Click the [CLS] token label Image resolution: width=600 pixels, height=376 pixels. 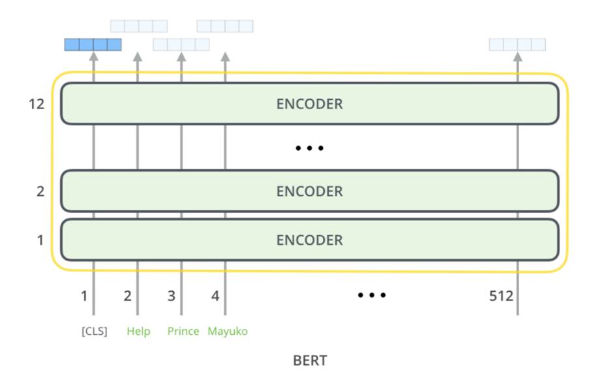[94, 331]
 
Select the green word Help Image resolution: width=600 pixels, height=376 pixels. [138, 331]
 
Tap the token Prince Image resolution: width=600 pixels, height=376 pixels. [183, 331]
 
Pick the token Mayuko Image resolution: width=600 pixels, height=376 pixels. [228, 331]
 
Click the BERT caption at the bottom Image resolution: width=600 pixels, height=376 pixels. [310, 360]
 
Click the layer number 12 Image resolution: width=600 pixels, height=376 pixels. [37, 103]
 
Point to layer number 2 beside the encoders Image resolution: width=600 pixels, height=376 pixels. [40, 191]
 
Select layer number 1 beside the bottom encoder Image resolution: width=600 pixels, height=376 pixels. [40, 240]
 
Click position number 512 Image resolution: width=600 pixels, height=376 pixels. [501, 296]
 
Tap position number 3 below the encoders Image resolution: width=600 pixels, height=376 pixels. [171, 296]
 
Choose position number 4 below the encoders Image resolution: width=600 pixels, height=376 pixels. [215, 296]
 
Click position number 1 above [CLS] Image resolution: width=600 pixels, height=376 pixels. [84, 296]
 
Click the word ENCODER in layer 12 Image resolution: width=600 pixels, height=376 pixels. [310, 104]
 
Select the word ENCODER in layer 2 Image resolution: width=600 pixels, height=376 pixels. [310, 191]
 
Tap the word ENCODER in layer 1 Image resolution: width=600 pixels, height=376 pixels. [310, 240]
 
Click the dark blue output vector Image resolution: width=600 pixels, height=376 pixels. [93, 44]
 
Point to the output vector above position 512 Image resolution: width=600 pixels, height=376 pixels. [517, 44]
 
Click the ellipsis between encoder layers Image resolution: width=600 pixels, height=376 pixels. [310, 148]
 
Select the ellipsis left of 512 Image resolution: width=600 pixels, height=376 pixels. [372, 295]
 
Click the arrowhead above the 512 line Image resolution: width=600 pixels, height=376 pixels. [518, 57]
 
